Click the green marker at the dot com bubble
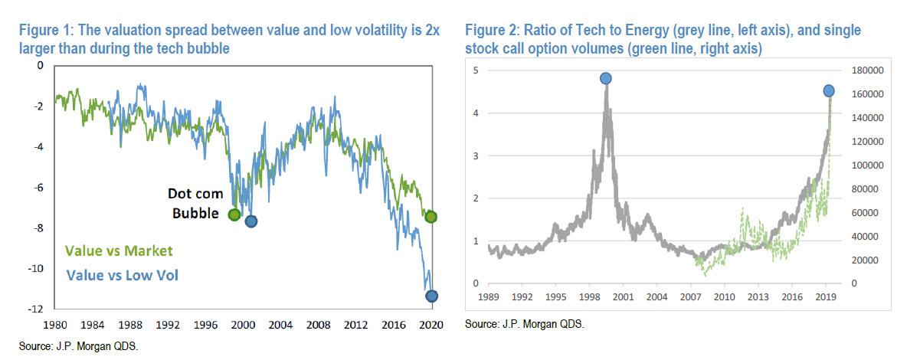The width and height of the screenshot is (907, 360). point(234,214)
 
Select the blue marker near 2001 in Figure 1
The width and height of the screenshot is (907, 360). point(250,221)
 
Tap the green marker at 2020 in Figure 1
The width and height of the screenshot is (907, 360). point(431,217)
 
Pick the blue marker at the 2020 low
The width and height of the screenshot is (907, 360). point(431,296)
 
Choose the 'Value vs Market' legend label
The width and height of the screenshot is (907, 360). point(119,250)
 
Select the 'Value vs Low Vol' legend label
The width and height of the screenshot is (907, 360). point(123,273)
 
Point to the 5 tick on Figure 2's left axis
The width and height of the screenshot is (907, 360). point(476,70)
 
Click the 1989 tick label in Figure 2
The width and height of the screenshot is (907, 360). point(489,295)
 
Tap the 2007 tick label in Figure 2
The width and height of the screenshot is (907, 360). point(692,295)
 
